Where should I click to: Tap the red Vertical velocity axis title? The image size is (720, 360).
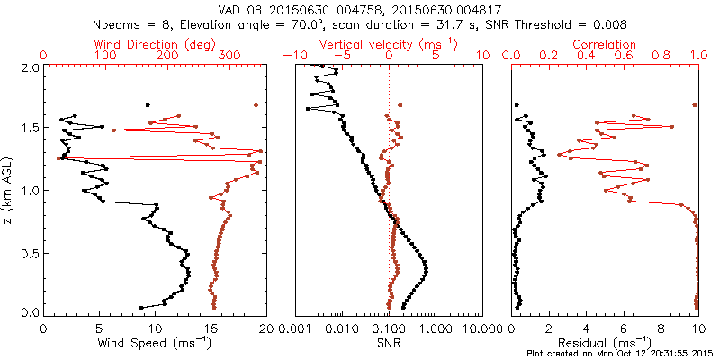pos(389,43)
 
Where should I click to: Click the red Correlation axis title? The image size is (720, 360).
pos(605,43)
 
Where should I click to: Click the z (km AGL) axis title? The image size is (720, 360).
pos(10,190)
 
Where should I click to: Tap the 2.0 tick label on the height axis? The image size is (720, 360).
pos(29,67)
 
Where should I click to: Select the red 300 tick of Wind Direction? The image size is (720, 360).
pos(229,56)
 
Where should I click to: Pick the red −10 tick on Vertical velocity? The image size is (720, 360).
pos(292,56)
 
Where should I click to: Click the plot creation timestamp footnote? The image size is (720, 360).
pos(620,353)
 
